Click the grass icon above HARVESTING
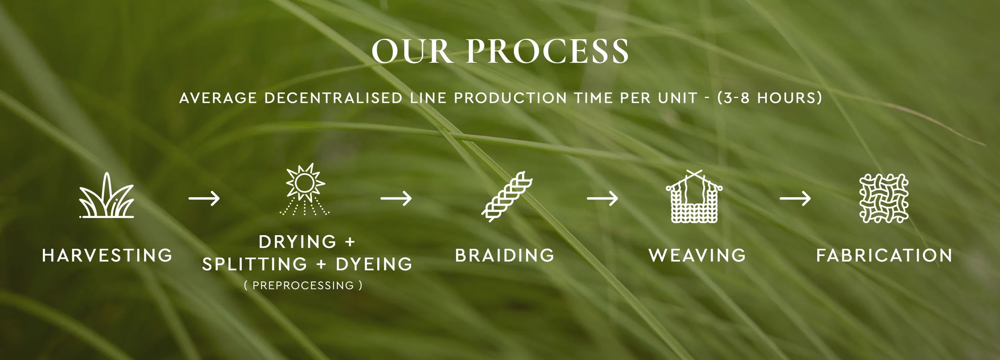(107, 195)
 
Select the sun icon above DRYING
(305, 190)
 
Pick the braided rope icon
(507, 197)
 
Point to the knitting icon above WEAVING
(694, 196)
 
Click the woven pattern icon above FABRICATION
(884, 198)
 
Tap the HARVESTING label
(107, 255)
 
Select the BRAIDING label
(505, 255)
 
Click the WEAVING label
(698, 255)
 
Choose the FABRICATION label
(884, 255)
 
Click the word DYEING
(374, 264)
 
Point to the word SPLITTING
(255, 264)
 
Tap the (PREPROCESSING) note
(303, 285)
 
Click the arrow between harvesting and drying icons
(204, 198)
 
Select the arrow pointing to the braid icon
(396, 198)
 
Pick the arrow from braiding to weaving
(602, 198)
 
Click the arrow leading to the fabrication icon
(795, 198)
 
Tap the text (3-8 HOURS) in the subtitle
(770, 98)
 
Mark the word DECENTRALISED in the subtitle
(333, 98)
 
